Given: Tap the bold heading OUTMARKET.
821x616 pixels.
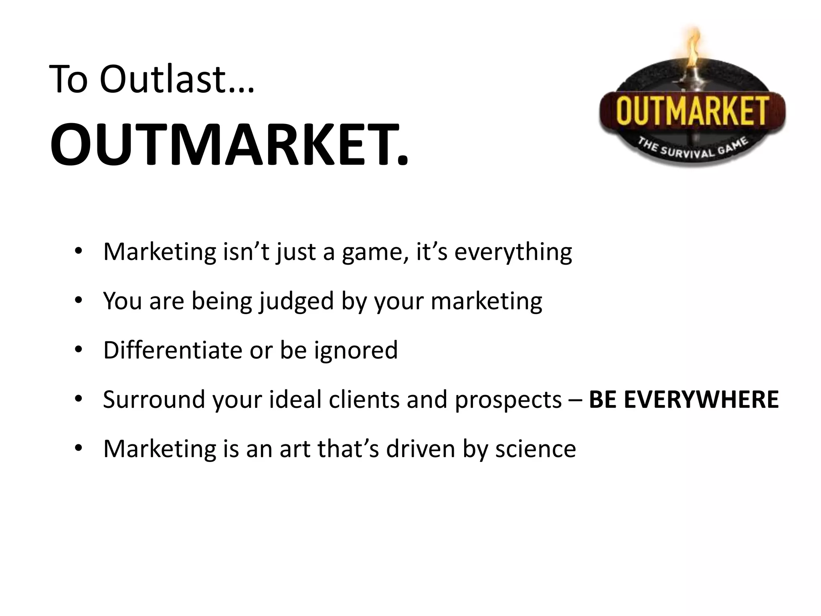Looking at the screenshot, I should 229,144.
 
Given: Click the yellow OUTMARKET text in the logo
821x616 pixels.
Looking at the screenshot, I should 692,110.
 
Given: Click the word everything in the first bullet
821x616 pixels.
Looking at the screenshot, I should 513,252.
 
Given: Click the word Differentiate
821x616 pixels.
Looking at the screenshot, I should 173,350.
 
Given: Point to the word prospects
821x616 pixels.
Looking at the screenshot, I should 508,399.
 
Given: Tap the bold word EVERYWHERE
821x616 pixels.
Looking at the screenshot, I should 701,399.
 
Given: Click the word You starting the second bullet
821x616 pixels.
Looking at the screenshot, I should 122,301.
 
